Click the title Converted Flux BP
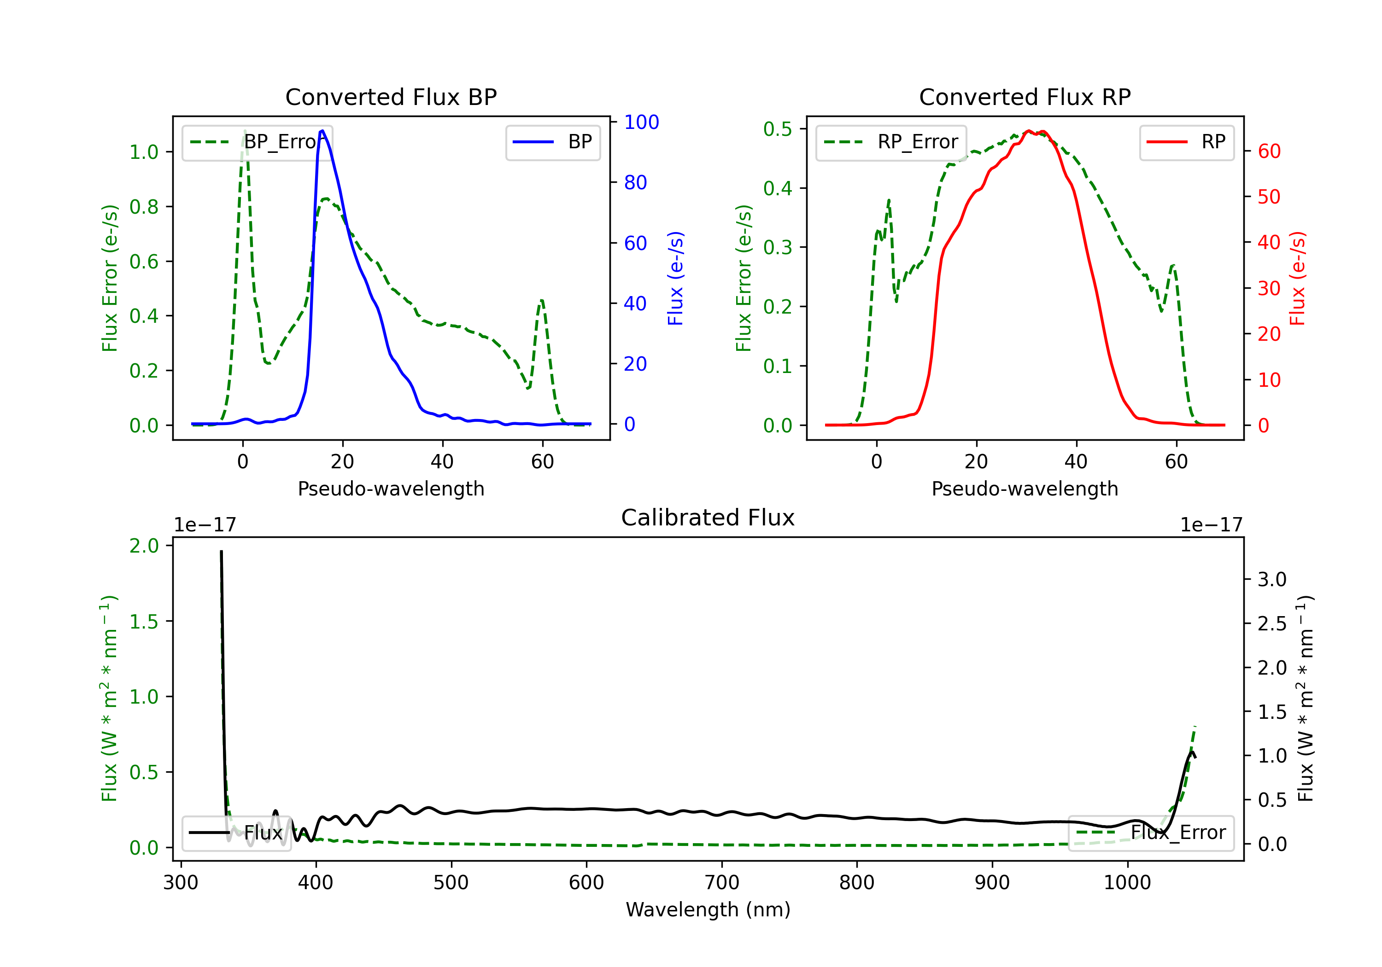[391, 97]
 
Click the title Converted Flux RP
[1025, 97]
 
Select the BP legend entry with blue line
[553, 142]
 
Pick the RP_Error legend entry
[891, 142]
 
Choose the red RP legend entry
[1186, 142]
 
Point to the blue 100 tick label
[641, 122]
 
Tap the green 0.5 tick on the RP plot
[777, 129]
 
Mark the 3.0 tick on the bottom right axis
[1271, 579]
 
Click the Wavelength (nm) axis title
[708, 909]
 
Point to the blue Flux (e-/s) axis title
[675, 278]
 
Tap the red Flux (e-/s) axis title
[1297, 278]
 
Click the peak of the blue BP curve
[322, 131]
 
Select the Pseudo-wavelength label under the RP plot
[1025, 489]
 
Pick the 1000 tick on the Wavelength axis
[1127, 883]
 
